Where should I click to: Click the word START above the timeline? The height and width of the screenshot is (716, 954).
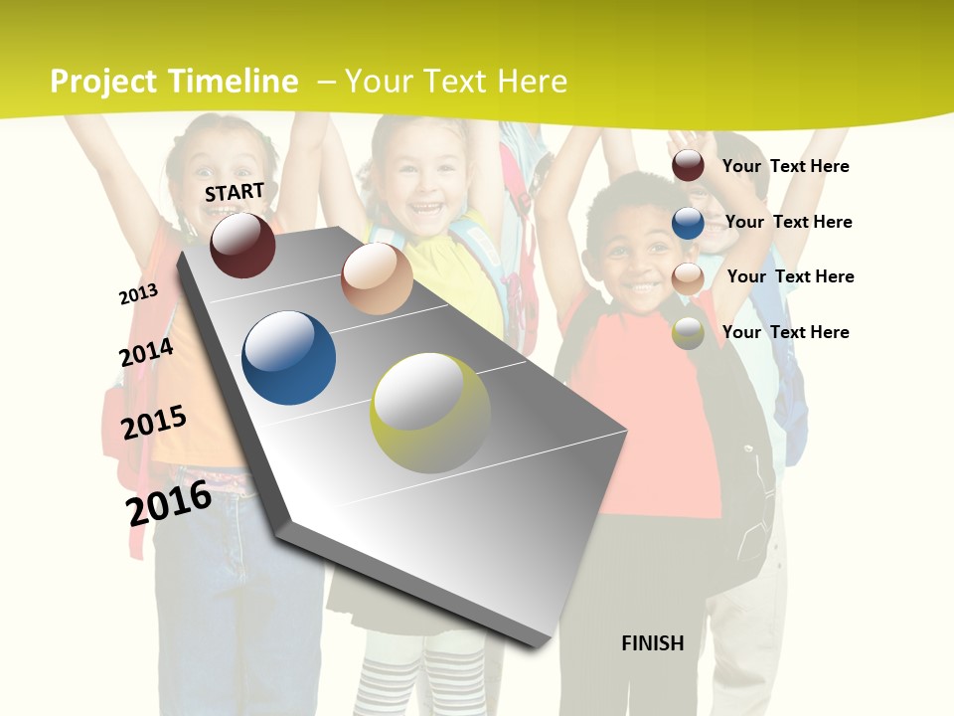pos(235,192)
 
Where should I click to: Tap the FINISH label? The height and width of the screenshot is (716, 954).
pos(652,643)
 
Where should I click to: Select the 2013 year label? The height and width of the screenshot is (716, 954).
pos(138,293)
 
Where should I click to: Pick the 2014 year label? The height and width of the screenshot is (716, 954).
pos(146,352)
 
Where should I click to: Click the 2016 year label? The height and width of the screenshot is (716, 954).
pos(169,502)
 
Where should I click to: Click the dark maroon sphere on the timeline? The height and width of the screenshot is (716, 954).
pos(242,245)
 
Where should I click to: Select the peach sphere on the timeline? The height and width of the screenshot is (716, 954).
pos(377,278)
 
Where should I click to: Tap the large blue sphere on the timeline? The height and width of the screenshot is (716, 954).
pos(289,358)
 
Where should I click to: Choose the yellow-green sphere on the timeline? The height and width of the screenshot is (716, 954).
pos(430,413)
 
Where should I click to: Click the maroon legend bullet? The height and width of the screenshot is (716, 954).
pos(688,166)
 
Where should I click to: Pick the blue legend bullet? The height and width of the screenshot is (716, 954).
pos(688,223)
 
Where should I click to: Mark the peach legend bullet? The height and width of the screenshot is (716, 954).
pos(688,278)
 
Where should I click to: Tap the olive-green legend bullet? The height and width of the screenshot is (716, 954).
pos(688,333)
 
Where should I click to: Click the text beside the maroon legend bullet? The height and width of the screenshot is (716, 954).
pos(785,166)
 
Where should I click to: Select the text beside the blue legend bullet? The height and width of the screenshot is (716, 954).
pos(788,222)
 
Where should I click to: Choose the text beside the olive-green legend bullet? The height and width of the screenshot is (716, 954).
pos(785,332)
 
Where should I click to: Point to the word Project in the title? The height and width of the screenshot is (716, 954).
pos(103,82)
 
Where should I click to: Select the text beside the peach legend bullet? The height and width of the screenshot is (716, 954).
pos(790,276)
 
